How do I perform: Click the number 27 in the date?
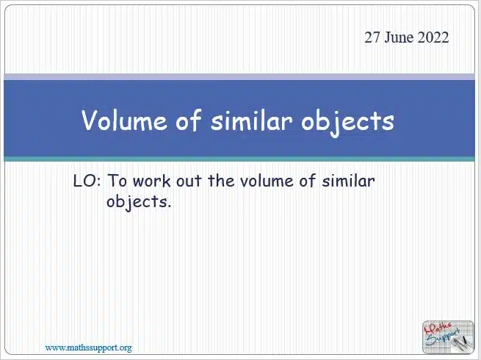pyautogui.click(x=372, y=37)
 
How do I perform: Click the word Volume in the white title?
pyautogui.click(x=125, y=120)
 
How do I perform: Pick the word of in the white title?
pyautogui.click(x=189, y=120)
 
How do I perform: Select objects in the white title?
pyautogui.click(x=347, y=122)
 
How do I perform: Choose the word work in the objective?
pyautogui.click(x=151, y=181)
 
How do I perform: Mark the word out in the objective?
pyautogui.click(x=189, y=181)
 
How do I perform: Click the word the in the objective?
pyautogui.click(x=221, y=181)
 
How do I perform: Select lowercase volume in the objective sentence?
pyautogui.click(x=267, y=181)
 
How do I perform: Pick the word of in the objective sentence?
pyautogui.click(x=308, y=181)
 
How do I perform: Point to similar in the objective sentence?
pyautogui.click(x=348, y=181)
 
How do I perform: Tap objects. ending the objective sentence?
pyautogui.click(x=138, y=203)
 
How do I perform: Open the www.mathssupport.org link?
pyautogui.click(x=88, y=348)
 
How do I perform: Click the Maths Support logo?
pyautogui.click(x=448, y=336)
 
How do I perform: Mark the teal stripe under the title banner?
pyautogui.click(x=239, y=159)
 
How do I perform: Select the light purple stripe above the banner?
pyautogui.click(x=239, y=77)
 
